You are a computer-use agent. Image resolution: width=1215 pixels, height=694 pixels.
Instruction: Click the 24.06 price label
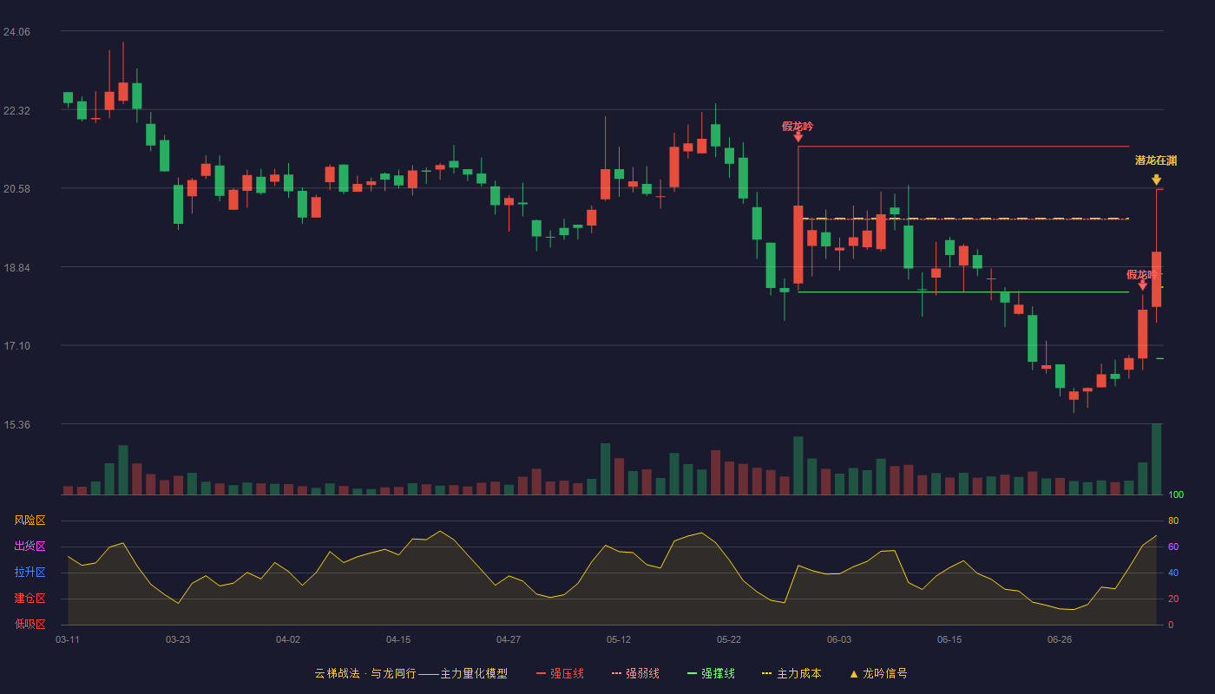pyautogui.click(x=16, y=32)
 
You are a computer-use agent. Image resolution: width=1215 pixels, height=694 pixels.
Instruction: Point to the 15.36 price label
pyautogui.click(x=16, y=424)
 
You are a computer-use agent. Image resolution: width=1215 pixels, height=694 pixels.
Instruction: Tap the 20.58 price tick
pyautogui.click(x=16, y=189)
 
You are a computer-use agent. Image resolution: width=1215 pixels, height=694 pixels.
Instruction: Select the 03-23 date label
pyautogui.click(x=178, y=640)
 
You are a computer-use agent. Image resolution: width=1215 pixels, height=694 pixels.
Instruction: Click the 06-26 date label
pyautogui.click(x=1060, y=640)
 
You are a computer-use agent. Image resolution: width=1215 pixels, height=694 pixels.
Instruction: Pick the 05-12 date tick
pyautogui.click(x=618, y=640)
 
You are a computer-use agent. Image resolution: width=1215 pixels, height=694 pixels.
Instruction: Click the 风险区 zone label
pyautogui.click(x=30, y=520)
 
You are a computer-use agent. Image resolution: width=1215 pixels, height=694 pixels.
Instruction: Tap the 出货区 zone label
pyautogui.click(x=30, y=546)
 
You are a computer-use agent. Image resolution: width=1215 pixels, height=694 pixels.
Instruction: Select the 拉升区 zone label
pyautogui.click(x=30, y=572)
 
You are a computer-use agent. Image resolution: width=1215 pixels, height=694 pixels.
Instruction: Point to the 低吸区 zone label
pyautogui.click(x=30, y=624)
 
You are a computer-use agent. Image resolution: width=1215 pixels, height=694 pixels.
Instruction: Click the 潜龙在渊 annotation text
pyautogui.click(x=1156, y=160)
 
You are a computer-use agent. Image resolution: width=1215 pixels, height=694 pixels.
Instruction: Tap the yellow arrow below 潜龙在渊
pyautogui.click(x=1156, y=180)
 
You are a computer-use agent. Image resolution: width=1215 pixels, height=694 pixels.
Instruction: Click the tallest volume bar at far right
pyautogui.click(x=1156, y=459)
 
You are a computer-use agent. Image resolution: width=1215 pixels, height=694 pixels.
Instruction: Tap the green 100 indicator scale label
pyautogui.click(x=1176, y=494)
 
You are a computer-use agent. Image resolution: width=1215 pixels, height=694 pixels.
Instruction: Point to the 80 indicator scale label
pyautogui.click(x=1173, y=520)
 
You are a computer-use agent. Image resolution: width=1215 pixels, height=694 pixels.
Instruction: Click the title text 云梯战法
pyautogui.click(x=337, y=673)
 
